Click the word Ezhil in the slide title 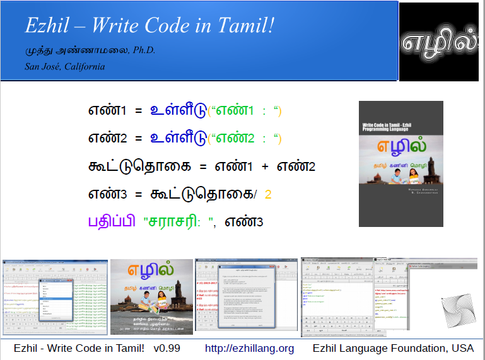pos(45,26)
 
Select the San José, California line pos(65,66)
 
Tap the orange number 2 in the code pos(268,194)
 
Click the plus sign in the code pos(265,166)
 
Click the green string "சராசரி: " pos(180,222)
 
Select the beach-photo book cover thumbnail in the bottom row pos(151,297)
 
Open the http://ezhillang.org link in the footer pos(249,348)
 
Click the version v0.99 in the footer pos(167,348)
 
